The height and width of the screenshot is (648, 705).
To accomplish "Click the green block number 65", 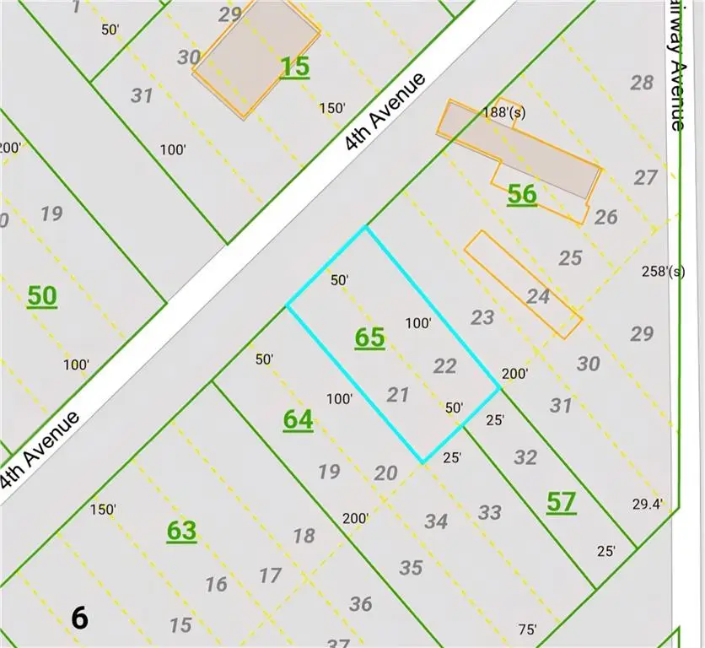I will point(369,338).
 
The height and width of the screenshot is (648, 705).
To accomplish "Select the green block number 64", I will point(299,419).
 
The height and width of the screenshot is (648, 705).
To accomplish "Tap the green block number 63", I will point(181,531).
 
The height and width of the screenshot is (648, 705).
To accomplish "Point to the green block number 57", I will point(561,502).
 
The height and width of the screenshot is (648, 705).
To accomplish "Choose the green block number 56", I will point(522,195).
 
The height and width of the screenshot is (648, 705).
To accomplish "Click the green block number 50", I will point(42,296).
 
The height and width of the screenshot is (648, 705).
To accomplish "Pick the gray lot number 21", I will point(397,394).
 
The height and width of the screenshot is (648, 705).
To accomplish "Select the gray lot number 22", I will point(444,365).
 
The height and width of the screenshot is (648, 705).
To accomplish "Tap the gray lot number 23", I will point(482,317).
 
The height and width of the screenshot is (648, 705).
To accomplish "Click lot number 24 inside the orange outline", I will point(537,296).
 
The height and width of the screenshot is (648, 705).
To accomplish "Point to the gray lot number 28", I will point(642,83).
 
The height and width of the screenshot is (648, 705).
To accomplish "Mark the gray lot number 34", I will point(435,521).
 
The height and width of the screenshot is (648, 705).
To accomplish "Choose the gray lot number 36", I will point(361,603).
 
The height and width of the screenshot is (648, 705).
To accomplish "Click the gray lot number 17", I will point(270,575).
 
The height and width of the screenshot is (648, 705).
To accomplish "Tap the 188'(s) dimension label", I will point(504,112).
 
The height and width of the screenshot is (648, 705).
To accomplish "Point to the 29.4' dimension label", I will point(647,505).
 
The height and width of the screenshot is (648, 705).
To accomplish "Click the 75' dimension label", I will point(529,629).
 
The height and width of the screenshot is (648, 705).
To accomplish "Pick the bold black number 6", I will point(79,618).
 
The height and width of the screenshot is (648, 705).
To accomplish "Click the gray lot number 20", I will point(385,472).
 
